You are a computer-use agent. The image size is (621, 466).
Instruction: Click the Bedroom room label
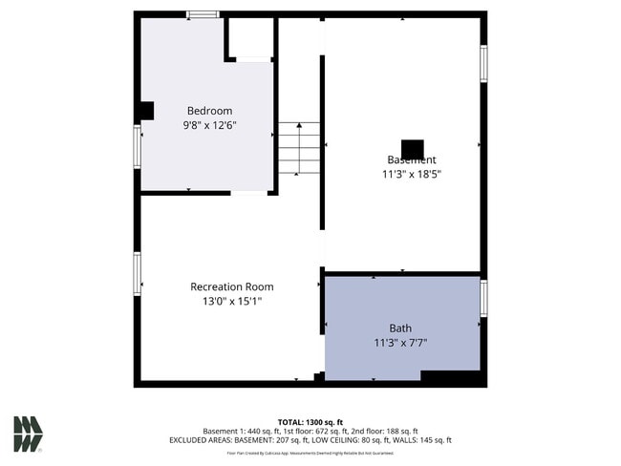click(209, 112)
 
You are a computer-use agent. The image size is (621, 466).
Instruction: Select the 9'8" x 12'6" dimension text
click(209, 125)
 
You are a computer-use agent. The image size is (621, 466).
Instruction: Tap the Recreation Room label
click(231, 286)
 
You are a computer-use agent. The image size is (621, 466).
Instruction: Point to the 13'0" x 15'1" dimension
click(231, 301)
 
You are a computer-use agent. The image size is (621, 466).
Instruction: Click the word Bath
click(399, 328)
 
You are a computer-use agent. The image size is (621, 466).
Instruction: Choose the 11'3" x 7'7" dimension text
click(399, 343)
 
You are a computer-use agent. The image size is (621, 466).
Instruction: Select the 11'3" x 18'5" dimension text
click(411, 174)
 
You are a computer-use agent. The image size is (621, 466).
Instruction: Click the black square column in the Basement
click(412, 150)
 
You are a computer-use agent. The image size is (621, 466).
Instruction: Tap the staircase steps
click(299, 148)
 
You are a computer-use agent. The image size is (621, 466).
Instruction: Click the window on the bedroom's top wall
click(202, 14)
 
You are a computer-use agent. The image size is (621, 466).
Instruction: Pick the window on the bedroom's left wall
click(138, 146)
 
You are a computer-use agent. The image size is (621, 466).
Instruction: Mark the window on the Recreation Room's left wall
click(138, 273)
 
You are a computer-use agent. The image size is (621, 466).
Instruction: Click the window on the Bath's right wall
click(483, 298)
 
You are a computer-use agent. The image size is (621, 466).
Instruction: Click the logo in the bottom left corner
click(28, 434)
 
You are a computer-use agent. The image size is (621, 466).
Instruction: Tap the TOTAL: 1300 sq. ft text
click(310, 422)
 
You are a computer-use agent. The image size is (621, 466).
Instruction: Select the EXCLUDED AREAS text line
click(310, 440)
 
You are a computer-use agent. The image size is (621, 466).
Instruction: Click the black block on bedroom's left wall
click(145, 111)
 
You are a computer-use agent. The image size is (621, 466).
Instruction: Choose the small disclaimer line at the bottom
click(310, 454)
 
